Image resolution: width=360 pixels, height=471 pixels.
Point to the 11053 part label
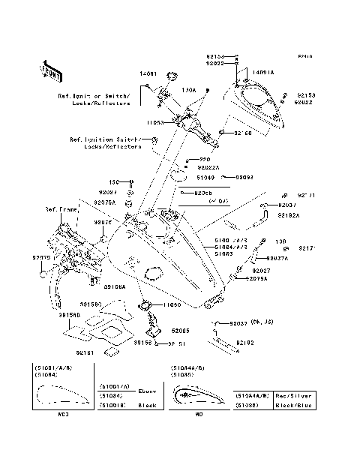(155, 121)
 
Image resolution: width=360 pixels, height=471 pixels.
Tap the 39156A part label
(114, 286)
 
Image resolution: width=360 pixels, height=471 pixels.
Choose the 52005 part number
(181, 329)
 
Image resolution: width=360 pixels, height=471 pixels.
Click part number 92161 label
(84, 350)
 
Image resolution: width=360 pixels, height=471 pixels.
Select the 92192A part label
(288, 216)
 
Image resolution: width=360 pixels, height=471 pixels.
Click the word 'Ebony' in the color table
(148, 391)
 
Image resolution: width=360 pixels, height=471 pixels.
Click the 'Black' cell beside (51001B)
(148, 404)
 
